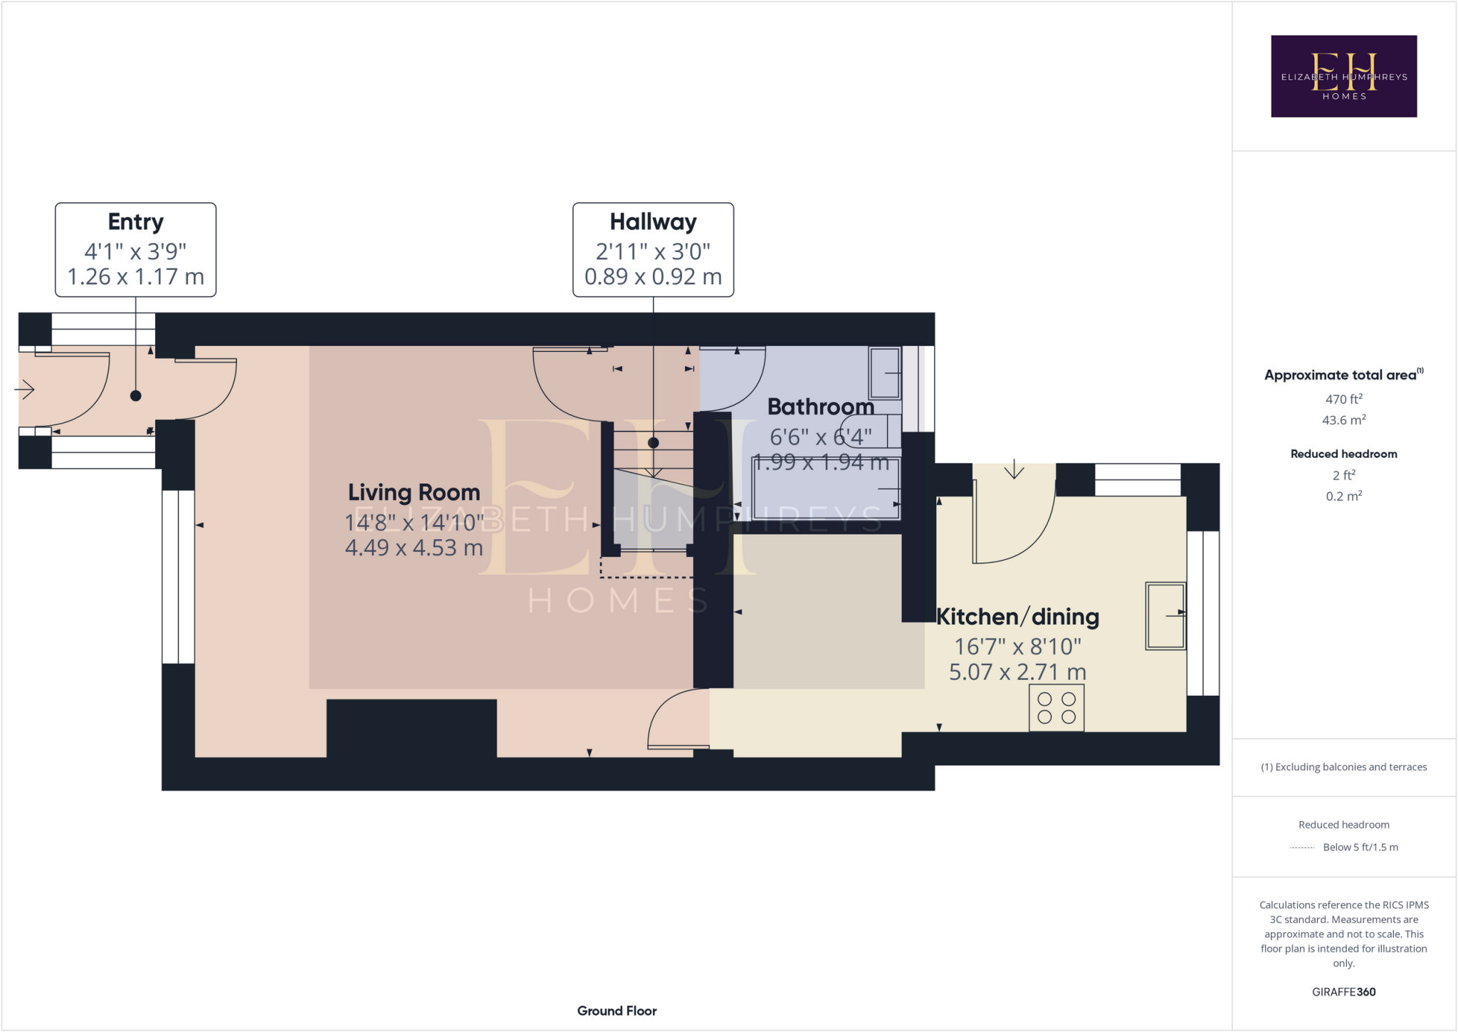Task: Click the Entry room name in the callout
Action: click(135, 222)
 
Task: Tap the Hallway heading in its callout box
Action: click(653, 222)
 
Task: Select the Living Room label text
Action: click(414, 492)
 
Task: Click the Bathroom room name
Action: click(820, 407)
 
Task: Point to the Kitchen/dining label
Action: click(1017, 617)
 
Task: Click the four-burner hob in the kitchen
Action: click(1056, 708)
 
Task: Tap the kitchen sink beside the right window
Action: click(1165, 616)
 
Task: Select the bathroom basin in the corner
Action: click(884, 373)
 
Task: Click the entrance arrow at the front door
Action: click(25, 390)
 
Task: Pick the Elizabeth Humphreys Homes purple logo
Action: click(1343, 76)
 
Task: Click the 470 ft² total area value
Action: click(1343, 400)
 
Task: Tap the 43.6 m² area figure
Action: click(1343, 420)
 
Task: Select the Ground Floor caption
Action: click(617, 1011)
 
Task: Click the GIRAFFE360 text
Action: click(1343, 991)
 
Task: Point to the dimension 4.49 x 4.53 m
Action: click(414, 548)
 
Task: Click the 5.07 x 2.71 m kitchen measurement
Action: click(1017, 672)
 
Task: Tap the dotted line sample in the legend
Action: click(1301, 848)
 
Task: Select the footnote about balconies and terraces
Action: click(1343, 767)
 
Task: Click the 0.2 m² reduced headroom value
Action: click(1343, 496)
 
